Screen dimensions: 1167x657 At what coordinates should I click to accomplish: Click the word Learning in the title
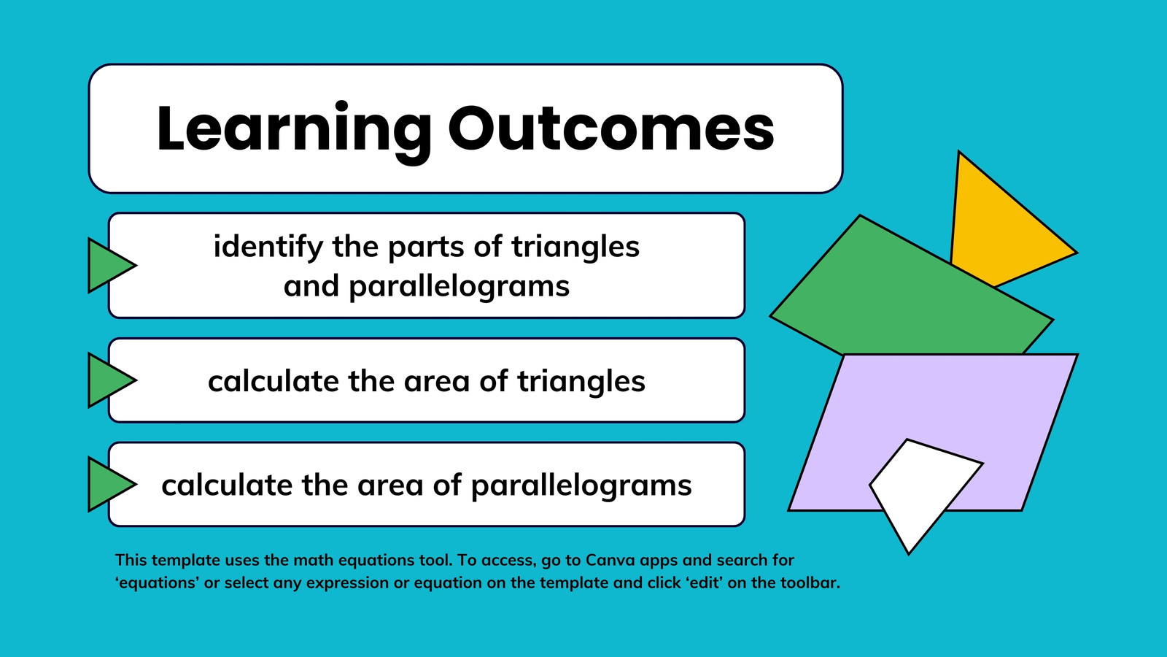(x=294, y=131)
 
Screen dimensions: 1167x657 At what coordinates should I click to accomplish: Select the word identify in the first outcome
(x=268, y=247)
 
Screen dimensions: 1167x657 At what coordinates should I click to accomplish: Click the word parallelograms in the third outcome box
(x=581, y=486)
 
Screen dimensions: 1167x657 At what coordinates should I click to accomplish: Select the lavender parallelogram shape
(x=933, y=407)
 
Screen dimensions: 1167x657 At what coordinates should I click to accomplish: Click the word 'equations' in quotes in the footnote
(x=157, y=583)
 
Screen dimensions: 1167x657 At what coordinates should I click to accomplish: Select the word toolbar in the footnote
(x=810, y=583)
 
